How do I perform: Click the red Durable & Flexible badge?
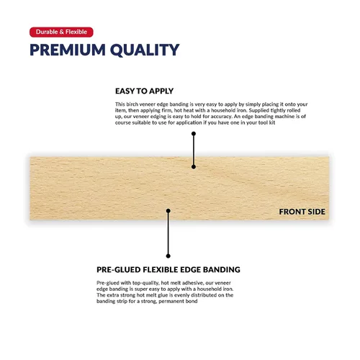(61, 32)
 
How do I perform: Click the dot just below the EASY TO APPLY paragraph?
(193, 135)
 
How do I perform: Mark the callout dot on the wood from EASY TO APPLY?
(193, 166)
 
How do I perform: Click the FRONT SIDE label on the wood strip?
(302, 212)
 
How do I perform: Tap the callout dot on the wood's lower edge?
(168, 212)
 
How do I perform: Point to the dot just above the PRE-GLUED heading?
(168, 255)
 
